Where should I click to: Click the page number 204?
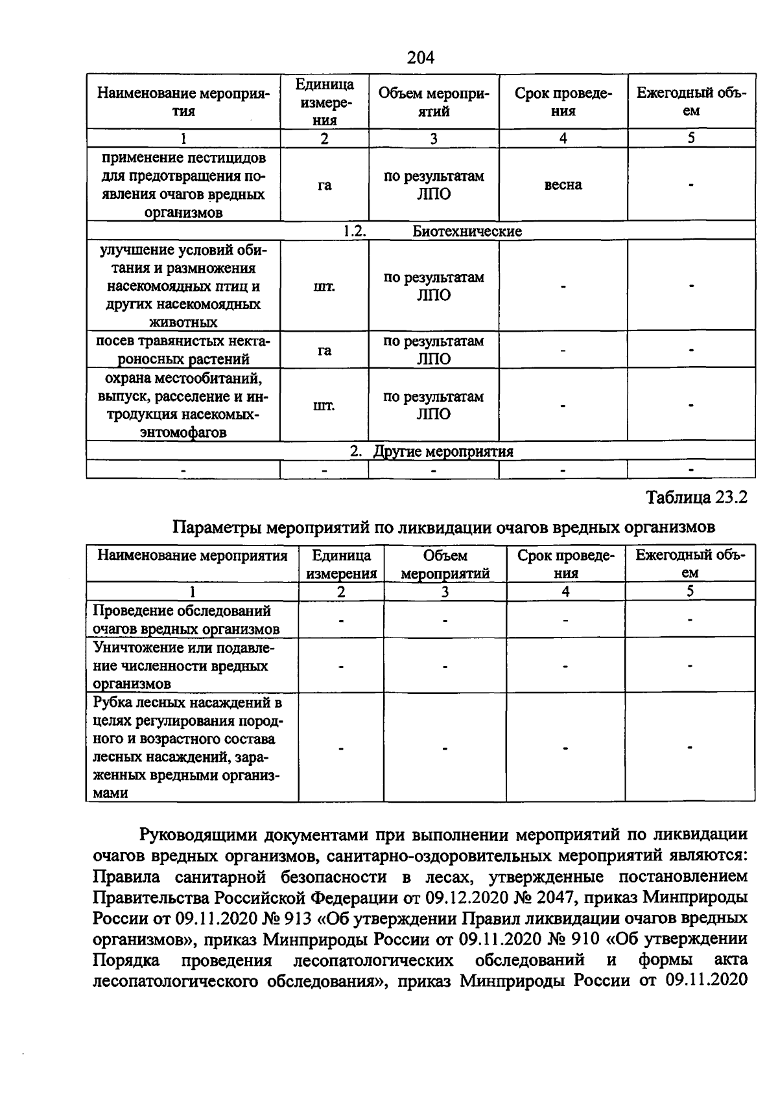pyautogui.click(x=421, y=58)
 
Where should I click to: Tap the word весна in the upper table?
pyautogui.click(x=563, y=185)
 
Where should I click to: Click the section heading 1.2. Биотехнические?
pyautogui.click(x=433, y=231)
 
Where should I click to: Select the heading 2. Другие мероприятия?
pyautogui.click(x=432, y=452)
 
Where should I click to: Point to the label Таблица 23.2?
pyautogui.click(x=697, y=498)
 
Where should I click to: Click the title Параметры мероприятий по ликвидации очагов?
pyautogui.click(x=444, y=527)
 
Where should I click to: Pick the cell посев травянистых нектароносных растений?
pyautogui.click(x=183, y=350)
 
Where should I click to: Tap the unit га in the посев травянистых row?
pyautogui.click(x=324, y=351)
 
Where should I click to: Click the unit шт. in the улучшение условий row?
pyautogui.click(x=324, y=286)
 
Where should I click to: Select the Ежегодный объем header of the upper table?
pyautogui.click(x=691, y=102)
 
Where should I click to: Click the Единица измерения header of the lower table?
pyautogui.click(x=342, y=564)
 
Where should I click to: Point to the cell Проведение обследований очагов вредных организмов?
pyautogui.click(x=186, y=619)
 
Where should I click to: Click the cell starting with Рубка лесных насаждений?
pyautogui.click(x=187, y=747)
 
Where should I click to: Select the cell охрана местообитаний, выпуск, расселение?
pyautogui.click(x=183, y=405)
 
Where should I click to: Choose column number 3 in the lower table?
pyautogui.click(x=445, y=592)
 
